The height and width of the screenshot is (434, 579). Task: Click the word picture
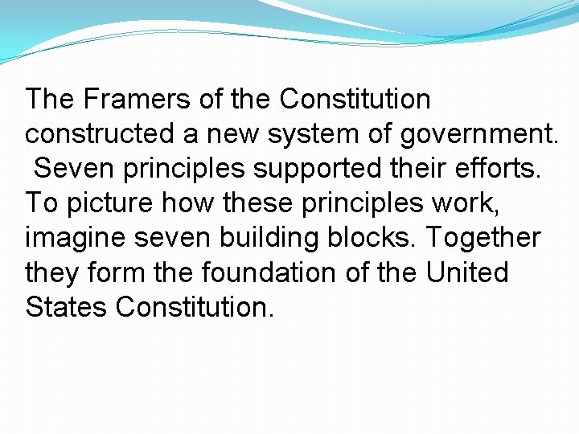112,203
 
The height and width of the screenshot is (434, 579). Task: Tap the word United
467,272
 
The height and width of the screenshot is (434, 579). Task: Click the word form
118,272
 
